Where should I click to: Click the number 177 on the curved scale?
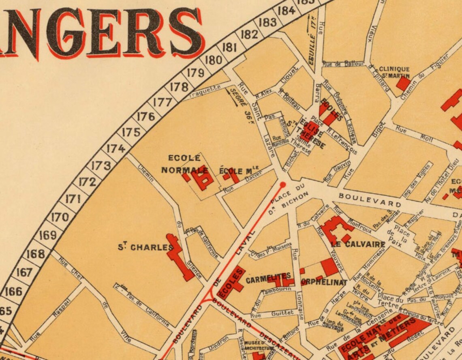coord(163,102)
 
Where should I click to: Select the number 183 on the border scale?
coord(267,22)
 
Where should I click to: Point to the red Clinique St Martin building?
coord(403,84)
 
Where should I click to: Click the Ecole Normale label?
coord(184,164)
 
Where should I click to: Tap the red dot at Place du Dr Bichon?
coord(283,185)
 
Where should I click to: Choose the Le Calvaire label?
coord(358,244)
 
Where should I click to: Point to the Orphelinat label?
coord(324,282)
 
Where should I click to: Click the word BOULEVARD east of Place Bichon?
coord(370,200)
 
